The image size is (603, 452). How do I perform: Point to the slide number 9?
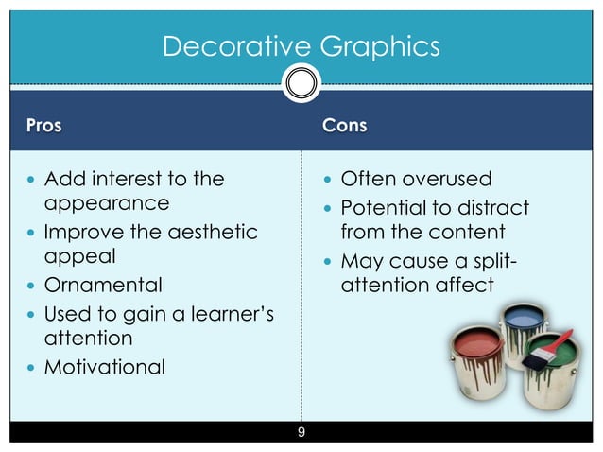point(301,433)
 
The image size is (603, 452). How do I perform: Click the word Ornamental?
point(104,285)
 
